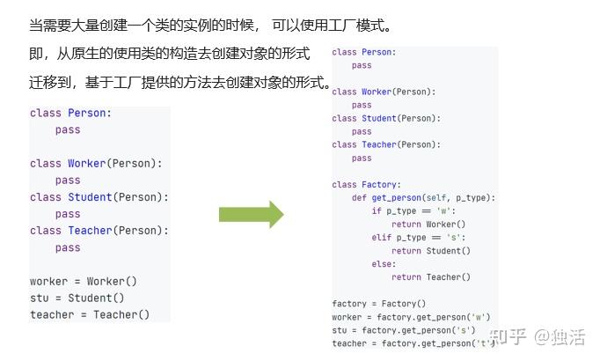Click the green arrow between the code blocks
coord(251,214)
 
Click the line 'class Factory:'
coord(366,185)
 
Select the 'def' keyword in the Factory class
coord(359,198)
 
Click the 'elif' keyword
coord(381,238)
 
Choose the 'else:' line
coord(383,264)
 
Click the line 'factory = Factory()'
coord(366,304)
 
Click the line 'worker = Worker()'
coord(84,281)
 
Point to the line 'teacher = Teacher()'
coord(90,314)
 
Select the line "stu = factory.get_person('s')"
coord(403,330)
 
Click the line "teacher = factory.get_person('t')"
coord(410,343)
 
